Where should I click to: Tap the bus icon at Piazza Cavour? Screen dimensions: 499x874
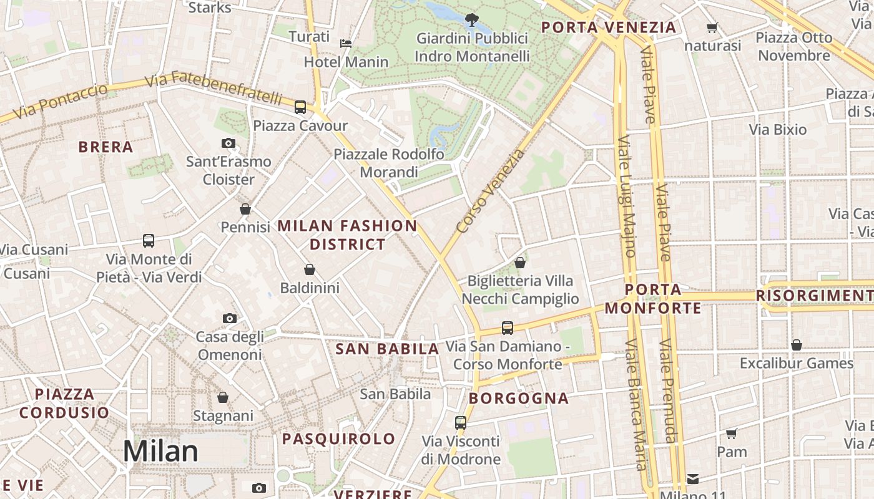(300, 107)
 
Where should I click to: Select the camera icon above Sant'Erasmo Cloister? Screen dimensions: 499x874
(228, 143)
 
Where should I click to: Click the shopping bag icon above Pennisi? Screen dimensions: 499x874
(245, 208)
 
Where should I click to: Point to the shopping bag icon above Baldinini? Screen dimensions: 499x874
(310, 269)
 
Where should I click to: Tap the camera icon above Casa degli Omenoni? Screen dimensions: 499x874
(229, 318)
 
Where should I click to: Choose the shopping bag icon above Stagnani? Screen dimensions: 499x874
(223, 397)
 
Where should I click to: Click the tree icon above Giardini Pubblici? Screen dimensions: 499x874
(472, 19)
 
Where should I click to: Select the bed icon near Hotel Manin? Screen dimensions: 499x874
(346, 43)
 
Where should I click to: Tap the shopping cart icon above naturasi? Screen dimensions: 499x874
(712, 27)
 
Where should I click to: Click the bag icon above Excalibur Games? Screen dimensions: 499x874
(796, 344)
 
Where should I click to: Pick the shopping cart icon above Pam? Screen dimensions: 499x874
(732, 433)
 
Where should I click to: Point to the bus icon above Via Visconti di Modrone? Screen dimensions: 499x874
(461, 422)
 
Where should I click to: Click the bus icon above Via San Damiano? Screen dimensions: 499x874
(508, 327)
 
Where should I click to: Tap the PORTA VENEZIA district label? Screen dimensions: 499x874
(609, 27)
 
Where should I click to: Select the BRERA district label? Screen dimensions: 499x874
(106, 147)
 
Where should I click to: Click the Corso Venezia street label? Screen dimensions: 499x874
(491, 191)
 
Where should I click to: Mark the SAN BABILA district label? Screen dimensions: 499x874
(387, 349)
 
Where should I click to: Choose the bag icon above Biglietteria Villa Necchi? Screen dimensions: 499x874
(520, 263)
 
